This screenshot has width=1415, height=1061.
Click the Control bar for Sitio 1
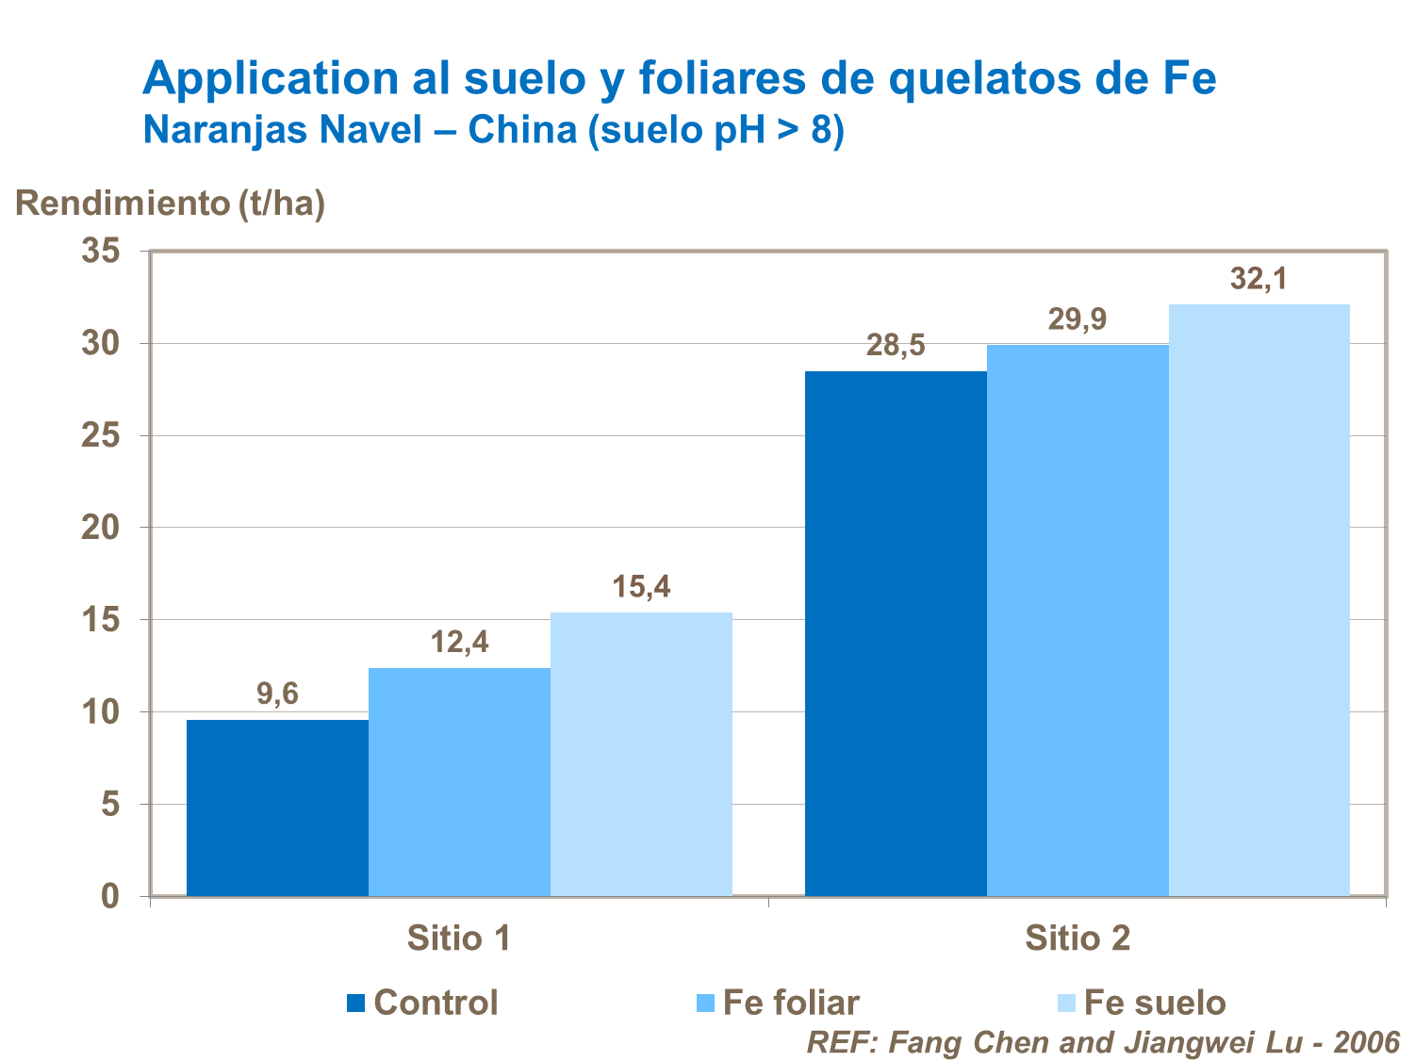tap(277, 808)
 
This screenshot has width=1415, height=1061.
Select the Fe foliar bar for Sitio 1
tap(459, 782)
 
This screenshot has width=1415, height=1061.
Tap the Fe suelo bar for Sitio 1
tap(641, 754)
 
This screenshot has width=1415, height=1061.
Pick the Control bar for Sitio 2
tap(896, 633)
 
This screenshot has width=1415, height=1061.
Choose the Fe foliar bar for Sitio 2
tap(1078, 620)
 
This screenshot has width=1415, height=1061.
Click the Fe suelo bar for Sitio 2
tap(1259, 599)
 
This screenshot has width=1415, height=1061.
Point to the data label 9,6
tap(277, 694)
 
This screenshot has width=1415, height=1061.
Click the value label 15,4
tap(641, 587)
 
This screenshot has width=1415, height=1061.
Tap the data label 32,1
tap(1259, 279)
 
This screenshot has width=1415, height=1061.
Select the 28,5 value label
tap(896, 346)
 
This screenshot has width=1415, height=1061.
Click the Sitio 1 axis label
tap(459, 939)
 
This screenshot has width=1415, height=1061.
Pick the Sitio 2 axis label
tap(1078, 939)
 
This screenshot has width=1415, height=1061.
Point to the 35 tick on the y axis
tap(101, 252)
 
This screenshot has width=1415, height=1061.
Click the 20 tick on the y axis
tap(101, 528)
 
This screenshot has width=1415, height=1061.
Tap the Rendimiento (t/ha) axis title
tap(171, 203)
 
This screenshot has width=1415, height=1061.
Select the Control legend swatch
tap(355, 1004)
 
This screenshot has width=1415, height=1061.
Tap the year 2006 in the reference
tap(1366, 1042)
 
